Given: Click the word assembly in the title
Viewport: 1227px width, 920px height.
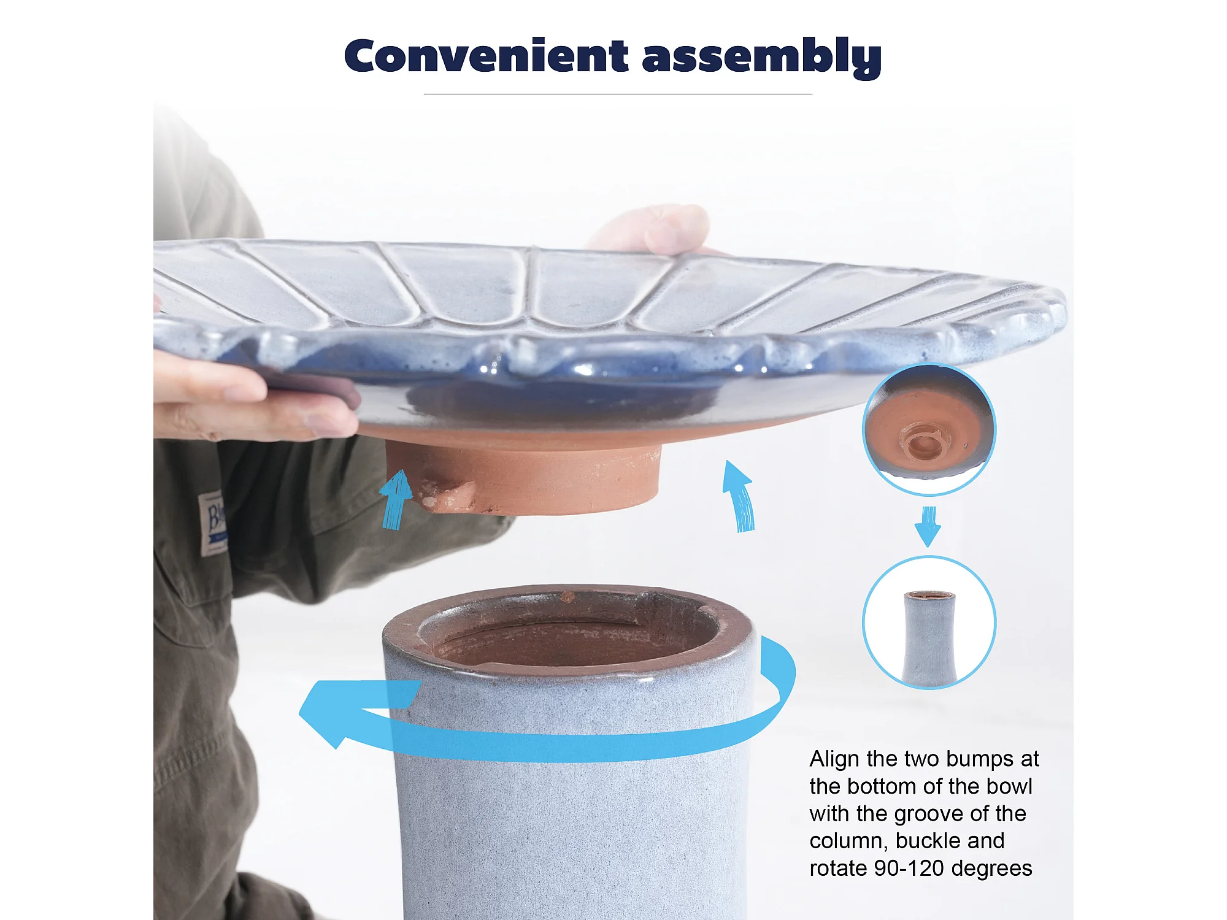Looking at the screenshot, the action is pos(762,58).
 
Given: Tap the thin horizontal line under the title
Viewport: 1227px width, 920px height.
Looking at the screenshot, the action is pos(618,94).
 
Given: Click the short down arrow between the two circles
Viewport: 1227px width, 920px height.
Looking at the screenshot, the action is pos(928,526).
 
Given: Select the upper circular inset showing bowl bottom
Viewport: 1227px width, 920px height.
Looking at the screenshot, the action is pos(929,429).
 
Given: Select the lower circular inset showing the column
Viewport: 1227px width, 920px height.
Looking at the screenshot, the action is pos(929,622).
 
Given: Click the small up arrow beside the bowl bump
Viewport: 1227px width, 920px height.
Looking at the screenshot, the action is pos(396,499).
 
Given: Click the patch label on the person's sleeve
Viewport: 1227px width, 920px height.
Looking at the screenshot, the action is pos(213,523).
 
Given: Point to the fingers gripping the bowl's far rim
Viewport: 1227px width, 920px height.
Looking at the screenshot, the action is pos(650,230).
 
